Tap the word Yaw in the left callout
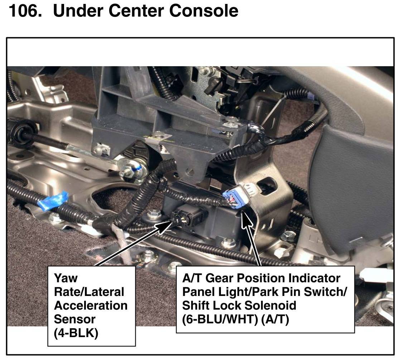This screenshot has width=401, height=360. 66,278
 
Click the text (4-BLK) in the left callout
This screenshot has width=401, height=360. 76,333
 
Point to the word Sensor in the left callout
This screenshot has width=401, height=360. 74,319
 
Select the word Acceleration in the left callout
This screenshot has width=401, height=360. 91,306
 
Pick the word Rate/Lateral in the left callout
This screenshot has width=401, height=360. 89,292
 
